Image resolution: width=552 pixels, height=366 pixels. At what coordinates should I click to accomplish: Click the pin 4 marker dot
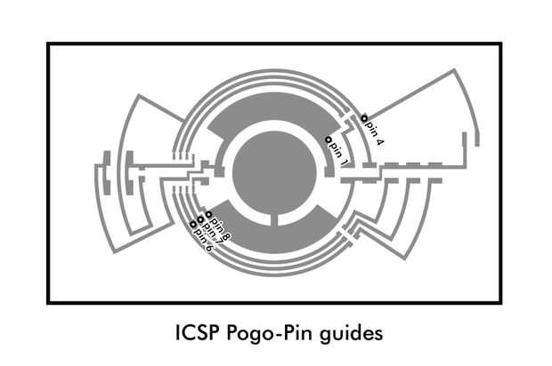coord(364,118)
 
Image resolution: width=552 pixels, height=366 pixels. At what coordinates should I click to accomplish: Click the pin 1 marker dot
coord(327,140)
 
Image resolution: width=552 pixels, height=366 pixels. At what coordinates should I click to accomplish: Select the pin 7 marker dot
coord(200,219)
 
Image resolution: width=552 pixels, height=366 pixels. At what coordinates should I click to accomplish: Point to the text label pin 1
coord(339,153)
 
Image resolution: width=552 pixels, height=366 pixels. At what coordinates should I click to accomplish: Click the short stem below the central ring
coord(275,219)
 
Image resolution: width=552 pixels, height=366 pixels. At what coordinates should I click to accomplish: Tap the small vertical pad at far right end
coord(478,139)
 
